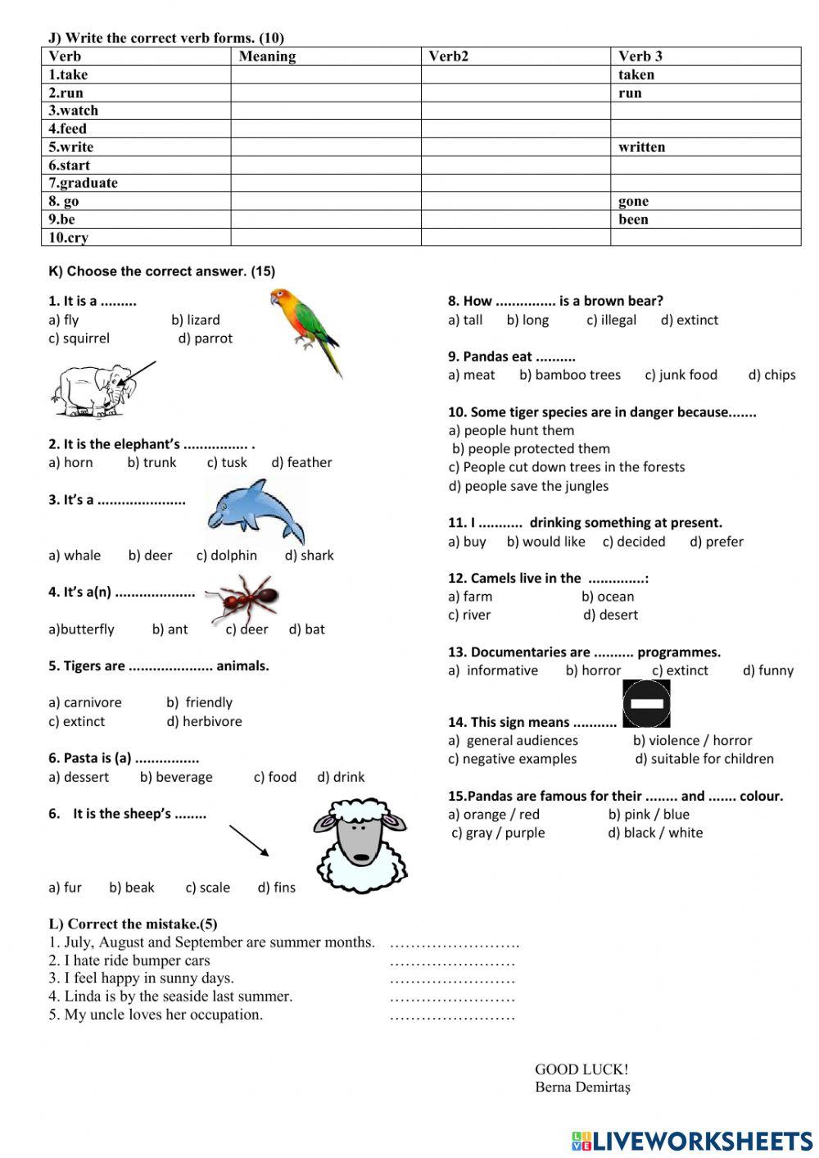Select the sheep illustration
[x=360, y=845]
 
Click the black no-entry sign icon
[x=646, y=703]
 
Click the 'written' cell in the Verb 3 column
[x=641, y=147]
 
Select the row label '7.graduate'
[x=83, y=183]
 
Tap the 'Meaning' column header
[x=267, y=56]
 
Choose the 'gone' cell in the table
[x=633, y=201]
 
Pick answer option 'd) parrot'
[x=205, y=338]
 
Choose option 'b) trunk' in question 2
[x=152, y=462]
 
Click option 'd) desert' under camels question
[x=610, y=615]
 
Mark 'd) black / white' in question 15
[x=655, y=833]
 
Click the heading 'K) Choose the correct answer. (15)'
[x=161, y=271]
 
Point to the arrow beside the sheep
[x=249, y=841]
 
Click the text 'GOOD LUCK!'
[x=581, y=1069]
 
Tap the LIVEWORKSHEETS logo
[x=692, y=1141]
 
